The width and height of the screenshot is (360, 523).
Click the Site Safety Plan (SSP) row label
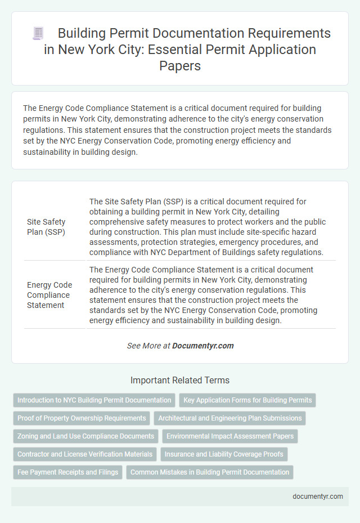pos(46,226)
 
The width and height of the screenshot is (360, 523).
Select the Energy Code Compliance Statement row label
pos(48,295)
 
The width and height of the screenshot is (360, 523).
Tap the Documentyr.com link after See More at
pos(203,346)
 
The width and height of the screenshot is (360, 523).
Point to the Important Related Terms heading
pos(180,380)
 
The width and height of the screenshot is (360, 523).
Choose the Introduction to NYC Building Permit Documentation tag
pos(94,400)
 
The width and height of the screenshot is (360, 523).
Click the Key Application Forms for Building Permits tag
pos(247,400)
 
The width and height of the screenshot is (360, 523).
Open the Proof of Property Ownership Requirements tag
pos(82,418)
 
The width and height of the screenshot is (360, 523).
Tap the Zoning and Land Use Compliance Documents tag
pos(85,436)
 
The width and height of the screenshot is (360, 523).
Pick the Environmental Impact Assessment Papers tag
pos(229,436)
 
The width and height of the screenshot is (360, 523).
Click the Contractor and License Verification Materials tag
pos(85,454)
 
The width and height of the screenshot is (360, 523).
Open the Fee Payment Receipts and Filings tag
pos(67,472)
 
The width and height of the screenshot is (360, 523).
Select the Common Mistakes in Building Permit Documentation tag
pos(210,472)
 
